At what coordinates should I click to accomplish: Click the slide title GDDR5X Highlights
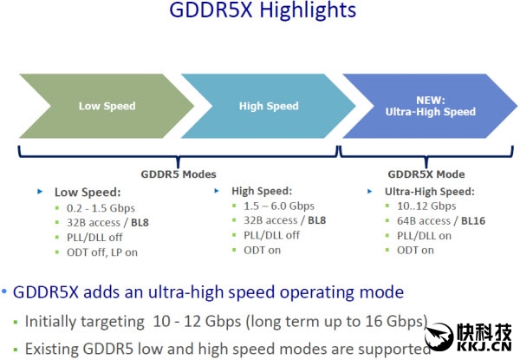click(263, 10)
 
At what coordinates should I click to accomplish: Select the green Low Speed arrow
click(107, 106)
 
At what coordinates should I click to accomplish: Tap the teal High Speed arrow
click(269, 106)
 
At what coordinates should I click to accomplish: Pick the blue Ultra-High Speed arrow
click(430, 106)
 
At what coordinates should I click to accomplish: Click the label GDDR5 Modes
click(179, 174)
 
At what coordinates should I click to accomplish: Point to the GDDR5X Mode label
click(426, 174)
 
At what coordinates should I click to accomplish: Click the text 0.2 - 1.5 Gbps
click(101, 208)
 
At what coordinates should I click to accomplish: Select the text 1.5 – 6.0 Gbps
click(279, 206)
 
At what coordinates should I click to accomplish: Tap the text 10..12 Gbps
click(426, 206)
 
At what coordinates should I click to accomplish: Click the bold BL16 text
click(473, 220)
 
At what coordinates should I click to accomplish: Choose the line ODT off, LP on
click(102, 252)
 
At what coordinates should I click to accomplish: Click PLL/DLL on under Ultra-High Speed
click(424, 236)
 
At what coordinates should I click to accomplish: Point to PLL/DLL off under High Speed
click(271, 235)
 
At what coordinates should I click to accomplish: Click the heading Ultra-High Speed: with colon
click(430, 192)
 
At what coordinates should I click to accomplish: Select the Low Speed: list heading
click(88, 192)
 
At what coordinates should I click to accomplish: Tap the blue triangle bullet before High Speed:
click(217, 191)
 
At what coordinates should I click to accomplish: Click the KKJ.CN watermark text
click(484, 347)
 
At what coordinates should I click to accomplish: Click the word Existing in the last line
click(52, 350)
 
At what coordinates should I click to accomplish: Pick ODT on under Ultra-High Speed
click(415, 250)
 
